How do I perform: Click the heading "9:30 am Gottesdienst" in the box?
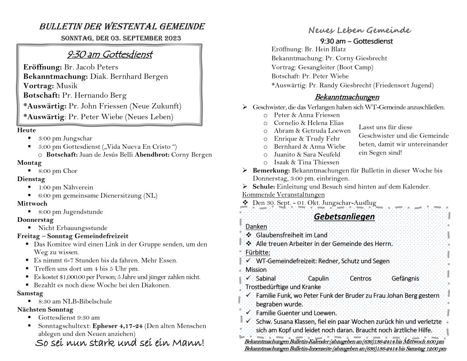coord(109,55)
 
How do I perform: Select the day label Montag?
coord(28,162)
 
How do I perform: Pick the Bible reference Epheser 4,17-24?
coord(118,326)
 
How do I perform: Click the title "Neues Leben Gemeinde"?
coord(360,31)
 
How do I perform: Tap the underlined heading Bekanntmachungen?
coord(347,97)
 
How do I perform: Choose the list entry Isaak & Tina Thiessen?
coord(306,162)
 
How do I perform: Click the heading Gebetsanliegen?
coord(344,216)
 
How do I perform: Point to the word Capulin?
coord(318,278)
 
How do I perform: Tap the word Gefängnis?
coord(405,278)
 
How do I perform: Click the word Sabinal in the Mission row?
coord(266,278)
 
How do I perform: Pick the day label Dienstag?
coord(30,179)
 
